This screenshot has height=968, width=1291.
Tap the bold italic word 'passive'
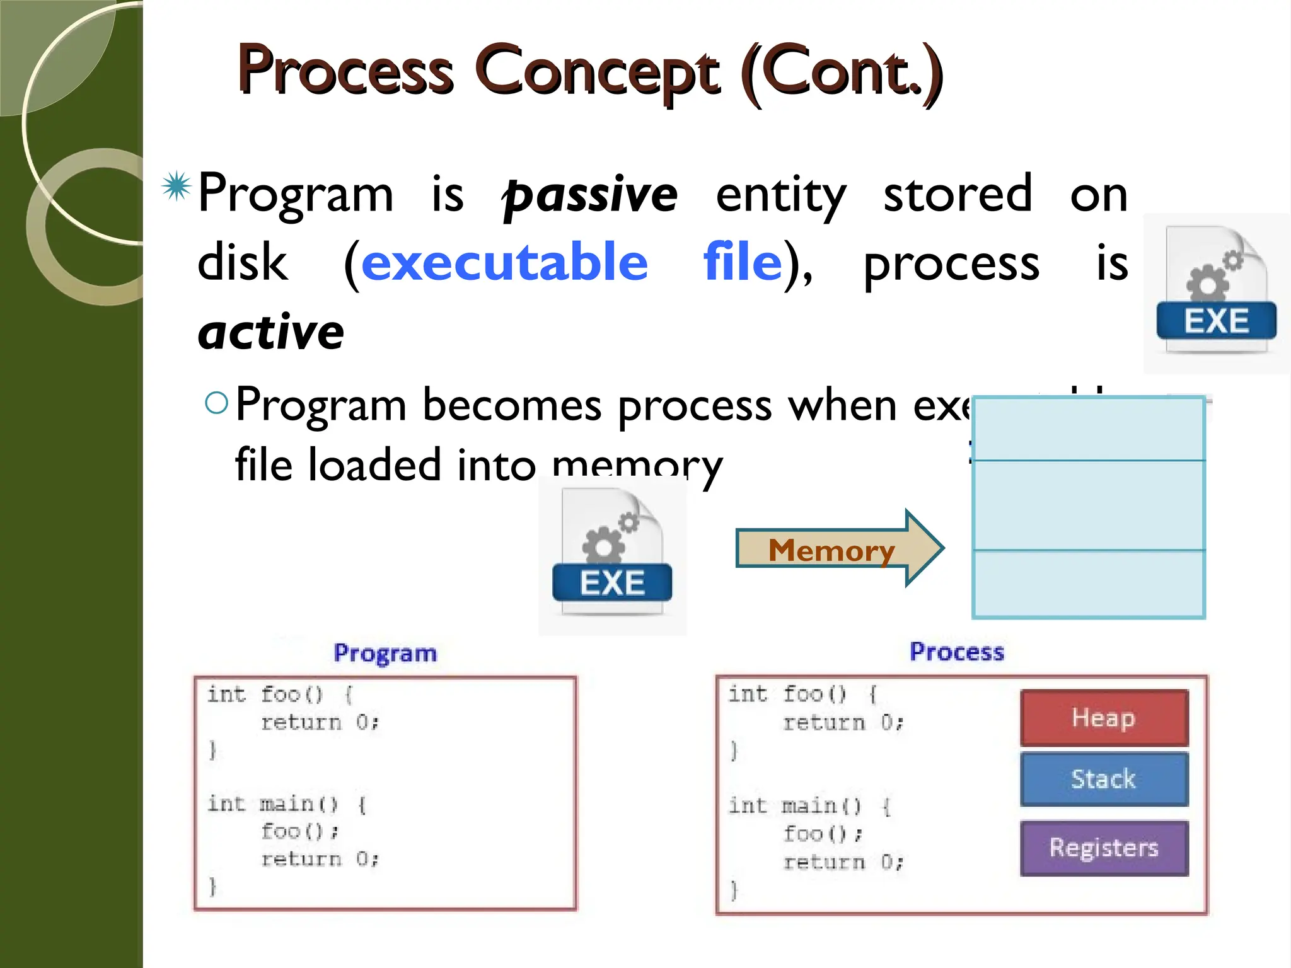tap(589, 195)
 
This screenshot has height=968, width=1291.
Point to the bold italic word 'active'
tap(271, 332)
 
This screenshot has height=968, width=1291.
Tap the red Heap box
tap(1104, 718)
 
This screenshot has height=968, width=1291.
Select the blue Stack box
tap(1104, 779)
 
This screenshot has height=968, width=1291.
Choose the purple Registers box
tap(1104, 848)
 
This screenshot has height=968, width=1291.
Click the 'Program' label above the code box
tap(385, 654)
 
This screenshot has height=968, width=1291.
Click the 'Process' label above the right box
tap(956, 652)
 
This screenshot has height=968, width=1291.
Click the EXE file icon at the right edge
tap(1216, 293)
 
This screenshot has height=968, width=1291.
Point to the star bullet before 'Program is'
tap(176, 187)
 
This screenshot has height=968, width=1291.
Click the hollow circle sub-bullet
tap(216, 403)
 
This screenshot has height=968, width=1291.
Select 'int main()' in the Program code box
tap(272, 804)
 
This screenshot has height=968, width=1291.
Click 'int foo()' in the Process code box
tap(787, 694)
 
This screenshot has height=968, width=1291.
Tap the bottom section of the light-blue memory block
tap(1089, 584)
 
